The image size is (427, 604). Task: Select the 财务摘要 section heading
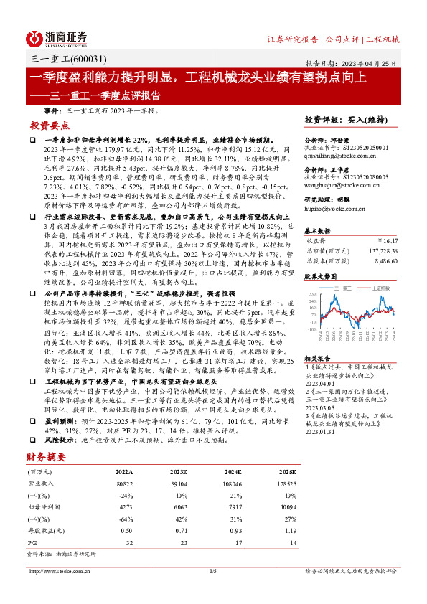pos(46,456)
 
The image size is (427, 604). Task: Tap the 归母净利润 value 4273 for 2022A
pos(124,506)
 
